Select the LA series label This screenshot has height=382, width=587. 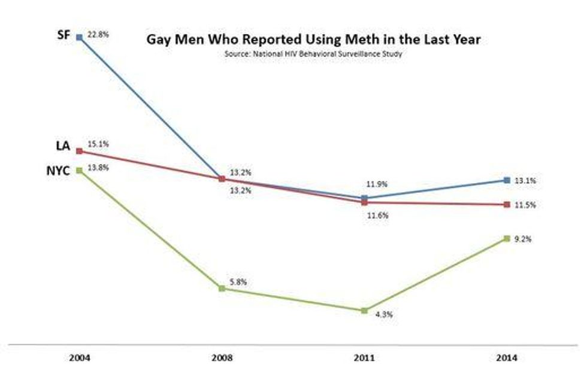63,145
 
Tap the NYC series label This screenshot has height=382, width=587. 59,171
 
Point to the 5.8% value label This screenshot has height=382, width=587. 238,281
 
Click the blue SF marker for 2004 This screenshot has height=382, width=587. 79,37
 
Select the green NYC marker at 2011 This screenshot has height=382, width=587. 364,310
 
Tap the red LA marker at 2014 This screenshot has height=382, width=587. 506,205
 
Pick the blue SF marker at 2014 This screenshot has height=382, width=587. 506,180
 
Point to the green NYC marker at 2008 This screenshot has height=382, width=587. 222,289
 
